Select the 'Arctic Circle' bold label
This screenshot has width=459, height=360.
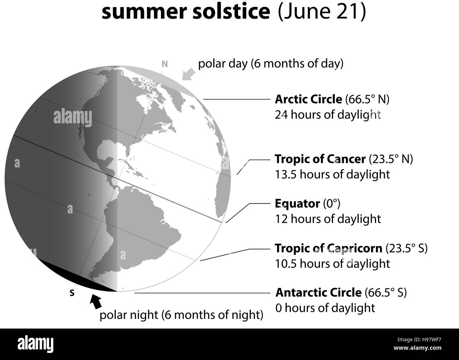pyautogui.click(x=308, y=99)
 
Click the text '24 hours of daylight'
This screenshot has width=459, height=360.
pyautogui.click(x=328, y=115)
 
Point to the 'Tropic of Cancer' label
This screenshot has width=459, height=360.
pyautogui.click(x=320, y=159)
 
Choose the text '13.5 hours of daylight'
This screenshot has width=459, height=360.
pyautogui.click(x=332, y=174)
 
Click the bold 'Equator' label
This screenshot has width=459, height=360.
pyautogui.click(x=297, y=203)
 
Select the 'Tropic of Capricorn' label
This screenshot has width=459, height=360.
pyautogui.click(x=328, y=248)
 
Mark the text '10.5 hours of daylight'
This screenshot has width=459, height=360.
pyautogui.click(x=332, y=264)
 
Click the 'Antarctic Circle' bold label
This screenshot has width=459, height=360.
pyautogui.click(x=318, y=293)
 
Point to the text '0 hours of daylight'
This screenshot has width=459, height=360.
pyautogui.click(x=325, y=308)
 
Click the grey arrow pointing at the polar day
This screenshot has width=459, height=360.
pyautogui.click(x=188, y=74)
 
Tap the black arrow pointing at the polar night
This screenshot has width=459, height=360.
pyautogui.click(x=96, y=301)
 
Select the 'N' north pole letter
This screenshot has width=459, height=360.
pyautogui.click(x=164, y=64)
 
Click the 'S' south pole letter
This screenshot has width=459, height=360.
pyautogui.click(x=72, y=293)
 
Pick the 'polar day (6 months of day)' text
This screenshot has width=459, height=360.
pyautogui.click(x=270, y=64)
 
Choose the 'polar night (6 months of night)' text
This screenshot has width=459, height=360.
pyautogui.click(x=181, y=315)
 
